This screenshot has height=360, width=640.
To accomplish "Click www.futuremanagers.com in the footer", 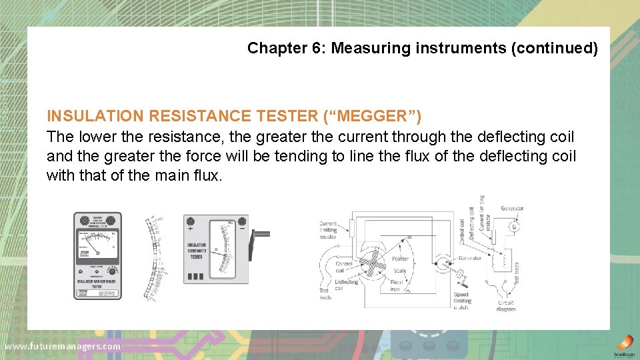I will (63, 346).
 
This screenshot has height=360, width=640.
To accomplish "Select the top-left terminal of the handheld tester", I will (84, 221).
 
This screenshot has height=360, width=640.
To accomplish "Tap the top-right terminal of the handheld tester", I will (111, 221).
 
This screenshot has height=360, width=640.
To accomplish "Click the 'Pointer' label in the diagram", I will (401, 258).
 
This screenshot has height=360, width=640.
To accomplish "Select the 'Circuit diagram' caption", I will (505, 306).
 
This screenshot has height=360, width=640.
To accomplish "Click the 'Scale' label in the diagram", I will (399, 271).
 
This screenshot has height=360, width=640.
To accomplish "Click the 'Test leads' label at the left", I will (325, 293).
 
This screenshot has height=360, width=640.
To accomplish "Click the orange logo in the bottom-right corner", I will (625, 342).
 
